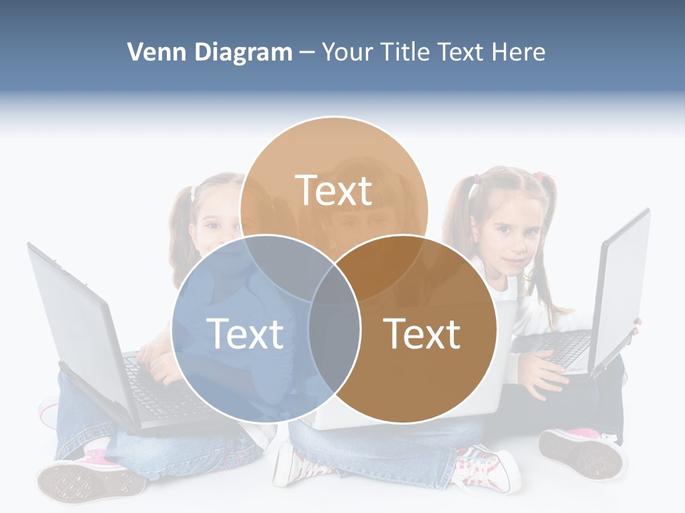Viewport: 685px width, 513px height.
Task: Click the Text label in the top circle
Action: click(334, 190)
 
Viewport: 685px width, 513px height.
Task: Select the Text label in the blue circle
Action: click(245, 333)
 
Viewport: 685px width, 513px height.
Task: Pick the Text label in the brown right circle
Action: click(422, 333)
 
